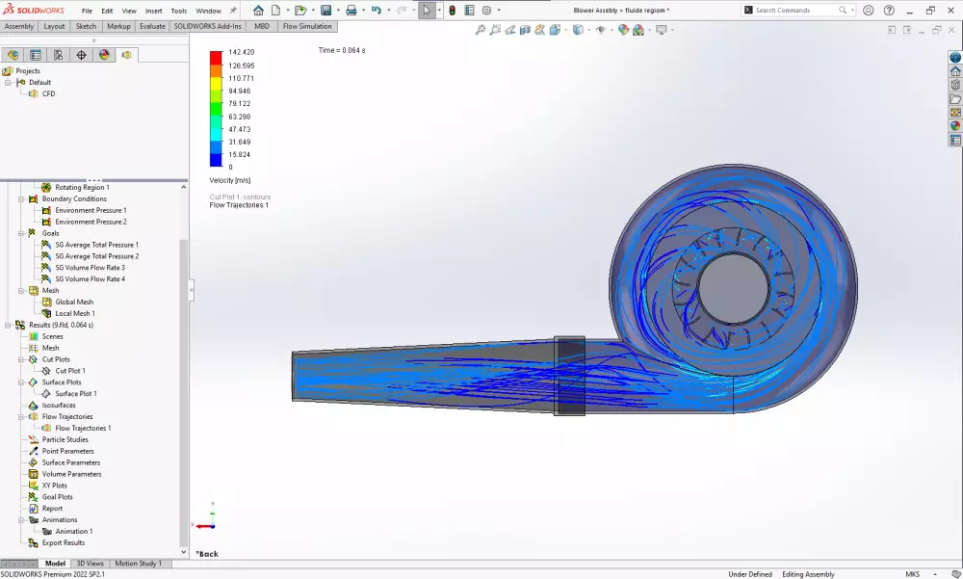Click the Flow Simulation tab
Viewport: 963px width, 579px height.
tap(307, 26)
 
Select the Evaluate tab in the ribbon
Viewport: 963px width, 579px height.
tap(152, 26)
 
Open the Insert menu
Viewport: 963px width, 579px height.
tap(153, 11)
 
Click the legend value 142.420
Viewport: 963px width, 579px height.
tap(241, 52)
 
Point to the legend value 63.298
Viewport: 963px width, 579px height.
tap(239, 117)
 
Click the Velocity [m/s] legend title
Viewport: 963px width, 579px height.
tap(229, 180)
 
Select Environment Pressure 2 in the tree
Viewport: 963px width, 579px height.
tap(91, 222)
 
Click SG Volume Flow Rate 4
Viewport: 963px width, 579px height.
tap(90, 279)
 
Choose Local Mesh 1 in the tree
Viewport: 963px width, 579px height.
tap(75, 313)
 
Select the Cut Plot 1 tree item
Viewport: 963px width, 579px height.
tap(69, 371)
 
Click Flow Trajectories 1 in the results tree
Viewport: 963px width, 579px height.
tap(83, 428)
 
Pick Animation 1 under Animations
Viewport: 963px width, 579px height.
tap(74, 531)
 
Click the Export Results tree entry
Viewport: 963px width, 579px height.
tap(63, 542)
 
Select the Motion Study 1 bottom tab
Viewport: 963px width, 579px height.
tap(138, 564)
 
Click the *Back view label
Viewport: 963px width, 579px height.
tap(207, 554)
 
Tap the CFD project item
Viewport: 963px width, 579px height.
tap(48, 93)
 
